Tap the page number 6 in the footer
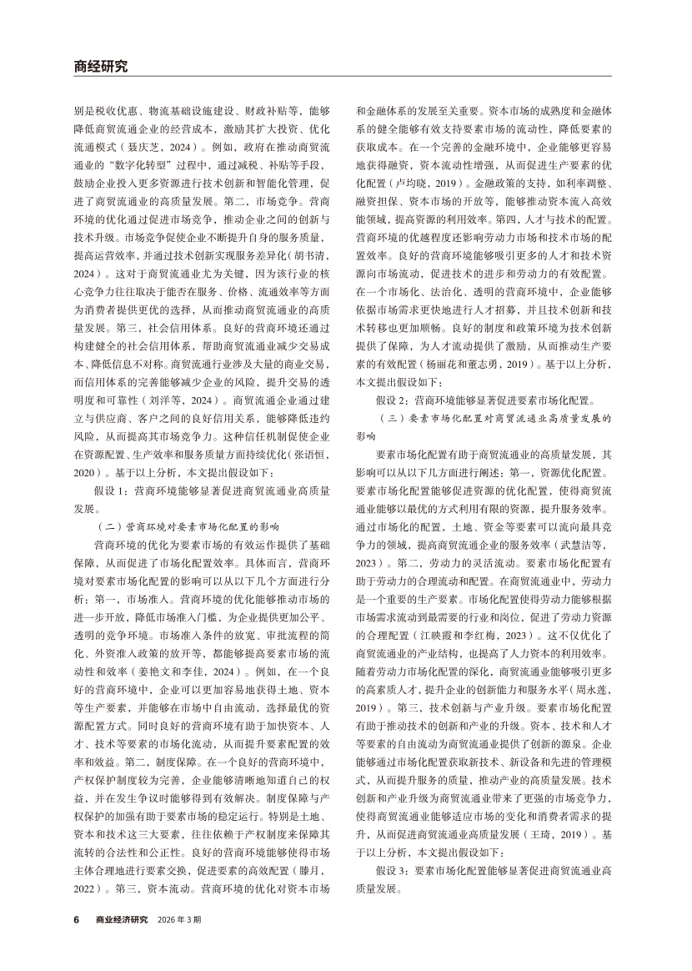[x=76, y=918]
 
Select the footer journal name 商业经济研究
[x=121, y=918]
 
